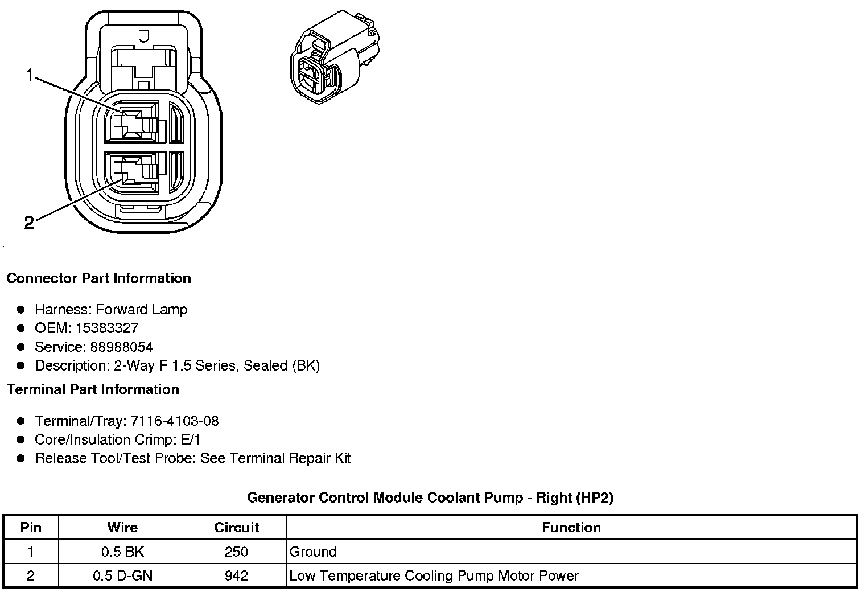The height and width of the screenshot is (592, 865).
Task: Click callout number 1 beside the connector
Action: [x=30, y=75]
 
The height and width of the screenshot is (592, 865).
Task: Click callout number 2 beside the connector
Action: [x=29, y=223]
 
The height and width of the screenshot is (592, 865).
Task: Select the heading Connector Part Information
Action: [x=98, y=278]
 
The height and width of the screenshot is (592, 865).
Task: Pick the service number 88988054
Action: [x=121, y=347]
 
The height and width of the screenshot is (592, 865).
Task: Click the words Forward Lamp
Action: [x=142, y=309]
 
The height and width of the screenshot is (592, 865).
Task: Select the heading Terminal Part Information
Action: [x=93, y=389]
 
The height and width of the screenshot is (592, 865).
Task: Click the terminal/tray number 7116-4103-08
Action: [x=174, y=421]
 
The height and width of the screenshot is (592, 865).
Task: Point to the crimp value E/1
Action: [x=189, y=439]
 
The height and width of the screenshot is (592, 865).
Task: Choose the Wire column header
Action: [x=122, y=528]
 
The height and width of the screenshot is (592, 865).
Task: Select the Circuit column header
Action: [x=237, y=528]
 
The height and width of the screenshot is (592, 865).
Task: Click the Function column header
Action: [x=571, y=528]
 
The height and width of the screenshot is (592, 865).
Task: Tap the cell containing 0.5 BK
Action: [x=122, y=552]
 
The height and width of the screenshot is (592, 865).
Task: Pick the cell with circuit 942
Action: [x=237, y=575]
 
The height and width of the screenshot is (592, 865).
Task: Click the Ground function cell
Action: [x=313, y=552]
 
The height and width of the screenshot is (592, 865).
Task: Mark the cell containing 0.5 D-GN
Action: [x=122, y=575]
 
